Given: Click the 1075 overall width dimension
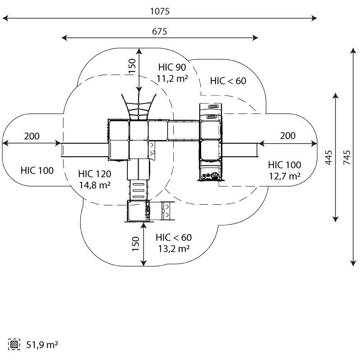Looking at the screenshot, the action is pyautogui.click(x=160, y=11).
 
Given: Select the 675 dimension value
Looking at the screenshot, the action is pyautogui.click(x=160, y=31).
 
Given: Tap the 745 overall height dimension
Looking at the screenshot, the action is pyautogui.click(x=347, y=157).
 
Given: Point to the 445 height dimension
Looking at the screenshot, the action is pyautogui.click(x=328, y=157).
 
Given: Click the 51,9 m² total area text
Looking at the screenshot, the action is pyautogui.click(x=42, y=345).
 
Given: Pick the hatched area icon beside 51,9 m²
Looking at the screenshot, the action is pyautogui.click(x=14, y=344).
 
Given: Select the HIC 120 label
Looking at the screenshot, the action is pyautogui.click(x=94, y=174).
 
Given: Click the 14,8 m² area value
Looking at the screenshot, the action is pyautogui.click(x=95, y=185).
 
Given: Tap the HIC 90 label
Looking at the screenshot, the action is pyautogui.click(x=172, y=67).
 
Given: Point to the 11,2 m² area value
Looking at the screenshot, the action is pyautogui.click(x=172, y=78).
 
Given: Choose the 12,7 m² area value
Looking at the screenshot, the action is pyautogui.click(x=284, y=176).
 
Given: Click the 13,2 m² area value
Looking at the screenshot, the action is pyautogui.click(x=174, y=249).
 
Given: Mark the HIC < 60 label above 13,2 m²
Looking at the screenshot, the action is pyautogui.click(x=174, y=238).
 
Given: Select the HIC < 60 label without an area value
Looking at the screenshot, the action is pyautogui.click(x=228, y=81).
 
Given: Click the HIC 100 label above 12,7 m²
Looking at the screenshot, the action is pyautogui.click(x=284, y=165).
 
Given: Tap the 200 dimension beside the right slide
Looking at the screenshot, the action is pyautogui.click(x=288, y=136).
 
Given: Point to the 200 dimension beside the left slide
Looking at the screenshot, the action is pyautogui.click(x=31, y=136).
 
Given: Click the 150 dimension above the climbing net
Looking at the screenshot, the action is pyautogui.click(x=132, y=66).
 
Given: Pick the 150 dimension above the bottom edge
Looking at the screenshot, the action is pyautogui.click(x=136, y=244).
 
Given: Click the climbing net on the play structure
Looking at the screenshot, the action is pyautogui.click(x=139, y=107).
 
